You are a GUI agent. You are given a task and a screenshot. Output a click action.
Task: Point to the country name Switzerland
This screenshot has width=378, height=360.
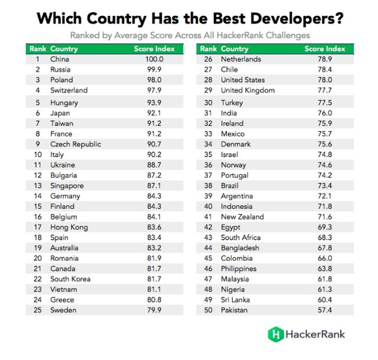[69, 90]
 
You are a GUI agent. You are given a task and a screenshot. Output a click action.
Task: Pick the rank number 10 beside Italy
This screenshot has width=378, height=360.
[37, 155]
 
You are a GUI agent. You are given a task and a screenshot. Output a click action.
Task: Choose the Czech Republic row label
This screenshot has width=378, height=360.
[76, 144]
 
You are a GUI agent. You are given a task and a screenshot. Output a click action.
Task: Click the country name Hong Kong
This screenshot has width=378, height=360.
[69, 227]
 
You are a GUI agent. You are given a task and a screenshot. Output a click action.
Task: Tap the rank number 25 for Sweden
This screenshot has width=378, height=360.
[37, 310]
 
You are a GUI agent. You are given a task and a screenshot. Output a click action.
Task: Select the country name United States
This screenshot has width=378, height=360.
[243, 80]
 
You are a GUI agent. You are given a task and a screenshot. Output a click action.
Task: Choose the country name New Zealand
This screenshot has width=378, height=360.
[242, 217]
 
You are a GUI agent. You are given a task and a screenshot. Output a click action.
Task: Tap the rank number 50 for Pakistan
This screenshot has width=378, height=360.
[207, 310]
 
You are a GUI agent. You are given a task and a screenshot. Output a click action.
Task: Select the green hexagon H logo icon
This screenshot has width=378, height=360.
[275, 334]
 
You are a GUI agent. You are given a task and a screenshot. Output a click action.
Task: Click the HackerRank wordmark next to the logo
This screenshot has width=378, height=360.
[315, 334]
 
